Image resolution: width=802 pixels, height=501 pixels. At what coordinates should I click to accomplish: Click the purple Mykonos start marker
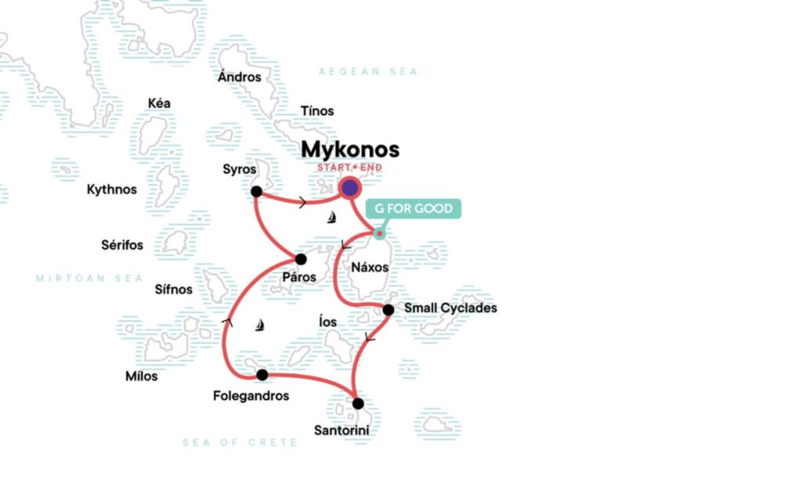point(349,188)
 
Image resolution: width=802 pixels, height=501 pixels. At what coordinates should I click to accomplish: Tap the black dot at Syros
point(256,192)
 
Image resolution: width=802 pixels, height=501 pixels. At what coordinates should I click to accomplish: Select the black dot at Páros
point(301,259)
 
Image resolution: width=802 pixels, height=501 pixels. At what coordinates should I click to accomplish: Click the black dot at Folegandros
point(262,375)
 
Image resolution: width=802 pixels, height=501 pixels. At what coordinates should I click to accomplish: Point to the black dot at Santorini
point(358,404)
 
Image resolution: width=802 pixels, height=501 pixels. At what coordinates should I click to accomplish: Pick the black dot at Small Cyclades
point(388,310)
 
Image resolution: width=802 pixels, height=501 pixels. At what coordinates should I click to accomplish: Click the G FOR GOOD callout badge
point(414,209)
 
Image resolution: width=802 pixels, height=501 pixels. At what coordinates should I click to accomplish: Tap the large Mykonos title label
point(350,150)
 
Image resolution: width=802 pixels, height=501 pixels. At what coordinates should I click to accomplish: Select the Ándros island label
point(239,77)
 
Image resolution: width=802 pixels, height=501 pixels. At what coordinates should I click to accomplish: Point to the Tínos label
point(317,111)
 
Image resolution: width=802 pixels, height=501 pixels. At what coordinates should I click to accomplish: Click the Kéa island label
point(159,103)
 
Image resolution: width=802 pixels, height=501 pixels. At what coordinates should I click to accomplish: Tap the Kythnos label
point(111,189)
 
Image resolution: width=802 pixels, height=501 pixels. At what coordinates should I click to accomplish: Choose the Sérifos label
point(122,245)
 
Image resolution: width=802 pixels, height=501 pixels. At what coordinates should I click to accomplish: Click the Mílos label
point(141,377)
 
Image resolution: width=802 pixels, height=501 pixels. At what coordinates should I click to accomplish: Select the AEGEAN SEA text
point(367,72)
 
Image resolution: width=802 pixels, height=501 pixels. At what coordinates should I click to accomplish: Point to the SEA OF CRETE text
point(240,442)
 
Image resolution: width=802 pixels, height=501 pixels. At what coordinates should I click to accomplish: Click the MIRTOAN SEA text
point(89,279)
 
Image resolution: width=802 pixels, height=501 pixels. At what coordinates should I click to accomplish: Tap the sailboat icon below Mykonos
point(332,218)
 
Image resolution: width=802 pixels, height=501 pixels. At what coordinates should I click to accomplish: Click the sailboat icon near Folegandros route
point(261,324)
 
